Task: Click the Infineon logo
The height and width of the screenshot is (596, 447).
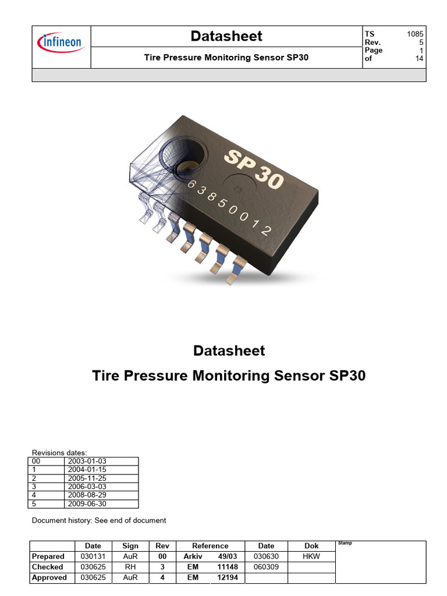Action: tap(61, 42)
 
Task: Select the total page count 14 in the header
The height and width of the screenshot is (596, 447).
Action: tap(419, 58)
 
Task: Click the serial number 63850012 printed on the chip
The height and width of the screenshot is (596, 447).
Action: tap(229, 207)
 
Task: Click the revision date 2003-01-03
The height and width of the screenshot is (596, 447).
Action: tap(87, 461)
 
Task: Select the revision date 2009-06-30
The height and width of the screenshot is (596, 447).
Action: tap(87, 503)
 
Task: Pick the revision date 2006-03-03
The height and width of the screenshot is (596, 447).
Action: tap(87, 487)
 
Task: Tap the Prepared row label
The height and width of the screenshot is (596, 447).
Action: tap(48, 556)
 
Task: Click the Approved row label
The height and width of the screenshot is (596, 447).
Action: tap(49, 577)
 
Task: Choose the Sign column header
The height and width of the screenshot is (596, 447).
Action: tap(130, 546)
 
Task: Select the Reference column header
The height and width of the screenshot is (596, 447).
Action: tap(210, 546)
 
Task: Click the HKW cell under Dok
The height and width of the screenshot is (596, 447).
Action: tap(311, 556)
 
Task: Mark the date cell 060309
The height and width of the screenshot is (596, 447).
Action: tap(266, 567)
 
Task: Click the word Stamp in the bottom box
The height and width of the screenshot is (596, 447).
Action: tap(345, 543)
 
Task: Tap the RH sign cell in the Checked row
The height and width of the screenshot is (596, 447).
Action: tap(130, 567)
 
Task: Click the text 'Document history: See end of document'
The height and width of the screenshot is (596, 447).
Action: tap(99, 520)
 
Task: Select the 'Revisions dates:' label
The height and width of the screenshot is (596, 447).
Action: tap(59, 452)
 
